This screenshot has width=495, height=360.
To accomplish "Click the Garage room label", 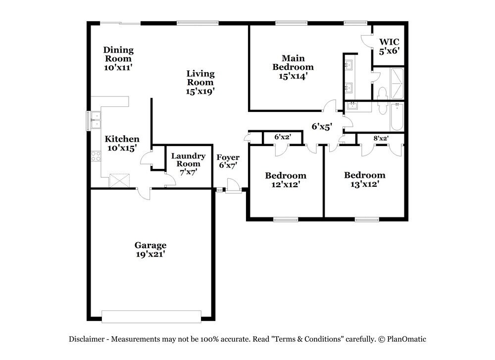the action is point(150,245).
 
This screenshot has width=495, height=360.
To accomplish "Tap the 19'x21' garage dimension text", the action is point(150,254).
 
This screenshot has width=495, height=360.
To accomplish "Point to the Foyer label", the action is point(228,157).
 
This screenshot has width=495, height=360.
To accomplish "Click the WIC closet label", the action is point(389,42).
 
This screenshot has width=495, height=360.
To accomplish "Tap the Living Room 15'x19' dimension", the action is point(200,91).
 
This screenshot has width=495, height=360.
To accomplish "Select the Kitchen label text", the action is point(122,139).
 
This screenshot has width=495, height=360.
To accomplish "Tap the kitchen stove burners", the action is point(96,156).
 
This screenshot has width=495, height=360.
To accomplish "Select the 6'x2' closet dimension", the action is point(282,137).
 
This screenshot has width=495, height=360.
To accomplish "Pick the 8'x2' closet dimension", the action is point(381,139).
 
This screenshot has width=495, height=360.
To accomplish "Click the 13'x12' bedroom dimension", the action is point(364,184).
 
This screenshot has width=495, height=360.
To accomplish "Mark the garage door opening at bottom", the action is point(151,316).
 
